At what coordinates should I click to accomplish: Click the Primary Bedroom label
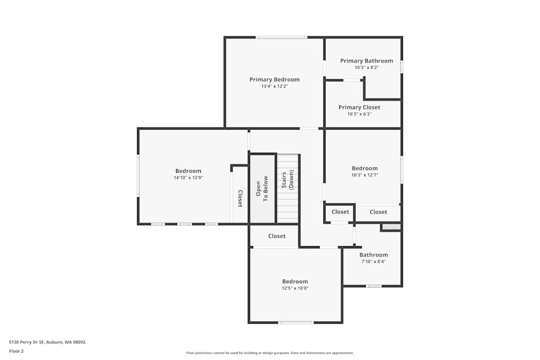[274, 79]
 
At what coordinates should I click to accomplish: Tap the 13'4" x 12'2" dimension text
[274, 86]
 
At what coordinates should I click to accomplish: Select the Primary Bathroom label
[367, 61]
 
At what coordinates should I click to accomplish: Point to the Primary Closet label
[359, 107]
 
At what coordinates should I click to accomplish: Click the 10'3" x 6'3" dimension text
[359, 114]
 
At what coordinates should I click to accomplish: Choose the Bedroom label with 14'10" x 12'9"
[188, 171]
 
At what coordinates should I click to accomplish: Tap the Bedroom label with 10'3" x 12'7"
[364, 168]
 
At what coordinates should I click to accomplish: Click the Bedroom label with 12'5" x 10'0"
[295, 281]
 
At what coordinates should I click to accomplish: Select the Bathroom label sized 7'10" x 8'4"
[373, 255]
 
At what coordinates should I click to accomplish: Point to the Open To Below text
[262, 188]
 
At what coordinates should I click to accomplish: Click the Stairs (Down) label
[287, 179]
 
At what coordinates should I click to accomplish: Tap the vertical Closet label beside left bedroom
[240, 198]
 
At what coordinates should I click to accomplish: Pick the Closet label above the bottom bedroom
[276, 236]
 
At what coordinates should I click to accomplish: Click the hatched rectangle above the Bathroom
[391, 227]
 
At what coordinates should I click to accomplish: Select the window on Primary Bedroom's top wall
[281, 37]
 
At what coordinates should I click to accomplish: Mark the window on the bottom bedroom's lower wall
[295, 322]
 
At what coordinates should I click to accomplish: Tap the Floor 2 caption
[16, 351]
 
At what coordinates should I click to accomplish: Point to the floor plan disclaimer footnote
[270, 352]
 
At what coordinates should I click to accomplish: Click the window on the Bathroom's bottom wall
[374, 286]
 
